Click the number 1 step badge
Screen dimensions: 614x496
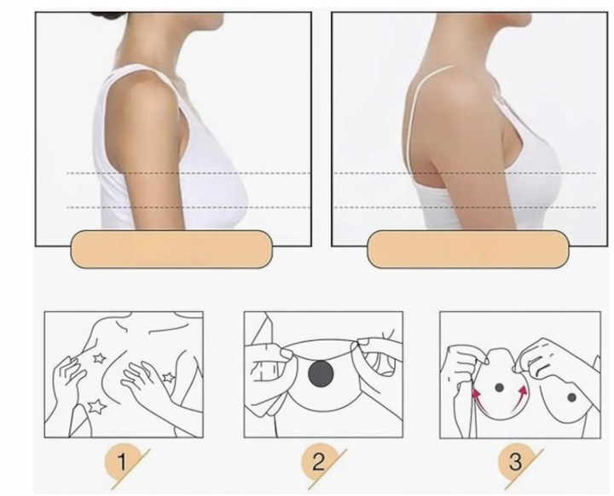pyautogui.click(x=123, y=462)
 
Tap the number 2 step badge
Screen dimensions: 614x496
pyautogui.click(x=319, y=462)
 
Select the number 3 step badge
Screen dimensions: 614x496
pyautogui.click(x=516, y=462)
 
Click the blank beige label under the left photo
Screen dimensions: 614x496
pyautogui.click(x=171, y=250)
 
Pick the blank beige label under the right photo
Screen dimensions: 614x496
pyautogui.click(x=467, y=250)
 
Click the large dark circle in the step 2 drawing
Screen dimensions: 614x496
pyautogui.click(x=321, y=373)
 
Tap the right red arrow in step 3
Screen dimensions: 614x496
pyautogui.click(x=518, y=399)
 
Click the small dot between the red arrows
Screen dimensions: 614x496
pyautogui.click(x=499, y=388)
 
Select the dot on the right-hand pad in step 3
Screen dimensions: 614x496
pyautogui.click(x=571, y=397)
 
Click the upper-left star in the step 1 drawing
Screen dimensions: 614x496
pyautogui.click(x=99, y=358)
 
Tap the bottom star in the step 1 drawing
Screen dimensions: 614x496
pyautogui.click(x=96, y=407)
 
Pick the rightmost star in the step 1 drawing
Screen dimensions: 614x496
pyautogui.click(x=169, y=378)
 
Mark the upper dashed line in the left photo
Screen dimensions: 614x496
pyautogui.click(x=188, y=173)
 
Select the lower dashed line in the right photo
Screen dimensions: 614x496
pyautogui.click(x=465, y=207)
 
